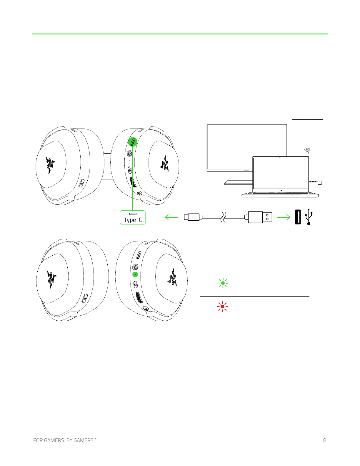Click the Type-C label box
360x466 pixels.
(133, 217)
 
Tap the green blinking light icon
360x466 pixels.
(223, 283)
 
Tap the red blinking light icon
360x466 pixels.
(222, 307)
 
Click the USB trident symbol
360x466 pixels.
(309, 217)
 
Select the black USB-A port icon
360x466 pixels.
(298, 217)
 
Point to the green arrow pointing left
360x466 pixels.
(171, 217)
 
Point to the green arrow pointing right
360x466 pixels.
(284, 217)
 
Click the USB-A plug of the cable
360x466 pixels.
(260, 217)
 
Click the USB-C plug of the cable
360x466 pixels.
(192, 217)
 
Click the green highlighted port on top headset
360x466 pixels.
(133, 142)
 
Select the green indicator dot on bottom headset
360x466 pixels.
(135, 274)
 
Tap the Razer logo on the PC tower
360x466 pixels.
(307, 151)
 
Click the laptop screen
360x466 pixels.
(281, 173)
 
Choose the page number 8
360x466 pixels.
(325, 440)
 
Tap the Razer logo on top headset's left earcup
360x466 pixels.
(50, 165)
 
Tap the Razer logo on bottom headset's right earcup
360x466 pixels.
(172, 278)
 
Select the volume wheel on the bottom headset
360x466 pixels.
(139, 297)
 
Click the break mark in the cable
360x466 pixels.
(223, 217)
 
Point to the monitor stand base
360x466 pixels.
(238, 183)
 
